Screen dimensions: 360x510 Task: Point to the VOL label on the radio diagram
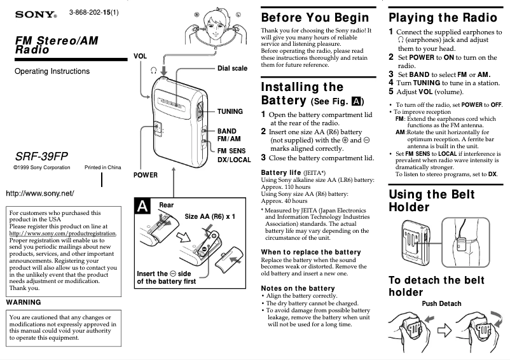[x=140, y=56]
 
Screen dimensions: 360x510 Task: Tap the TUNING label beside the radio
[x=230, y=111]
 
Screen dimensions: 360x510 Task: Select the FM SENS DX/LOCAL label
[x=234, y=155]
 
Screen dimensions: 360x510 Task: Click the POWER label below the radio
[x=146, y=174]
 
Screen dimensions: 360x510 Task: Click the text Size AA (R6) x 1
[x=210, y=217]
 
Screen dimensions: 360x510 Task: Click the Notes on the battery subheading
[x=298, y=288]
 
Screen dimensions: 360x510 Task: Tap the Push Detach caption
[x=441, y=303]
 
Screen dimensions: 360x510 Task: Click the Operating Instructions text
[x=52, y=71]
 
